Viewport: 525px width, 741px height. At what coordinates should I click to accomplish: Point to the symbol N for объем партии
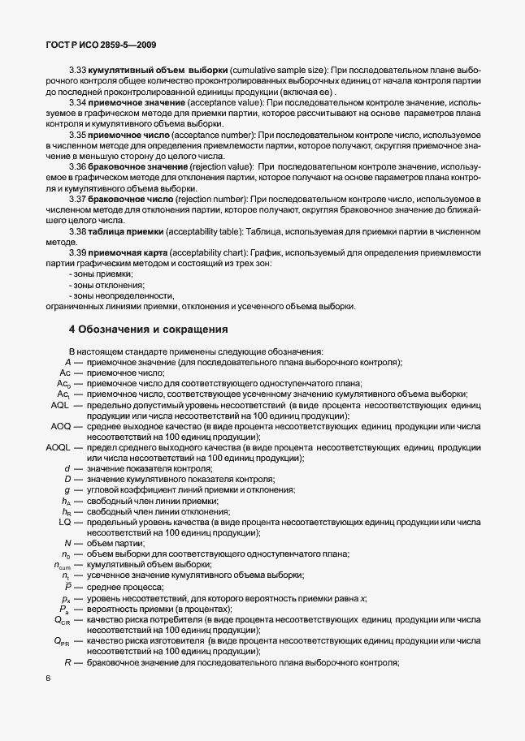(67, 543)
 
